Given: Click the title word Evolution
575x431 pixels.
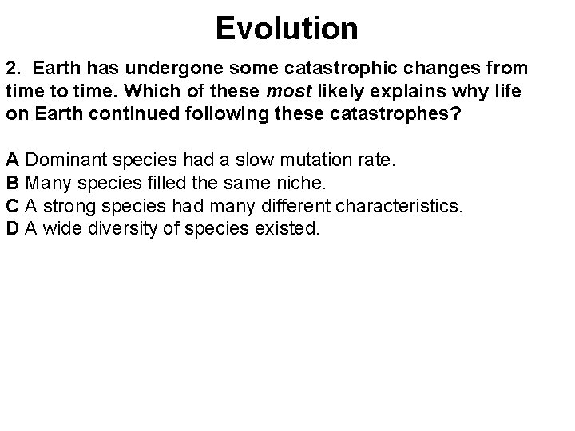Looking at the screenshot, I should click(x=287, y=30).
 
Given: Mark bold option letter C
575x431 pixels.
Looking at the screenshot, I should click(x=12, y=206).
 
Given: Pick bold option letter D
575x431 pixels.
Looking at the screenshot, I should click(x=12, y=230).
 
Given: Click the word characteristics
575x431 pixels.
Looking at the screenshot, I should click(x=399, y=206).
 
